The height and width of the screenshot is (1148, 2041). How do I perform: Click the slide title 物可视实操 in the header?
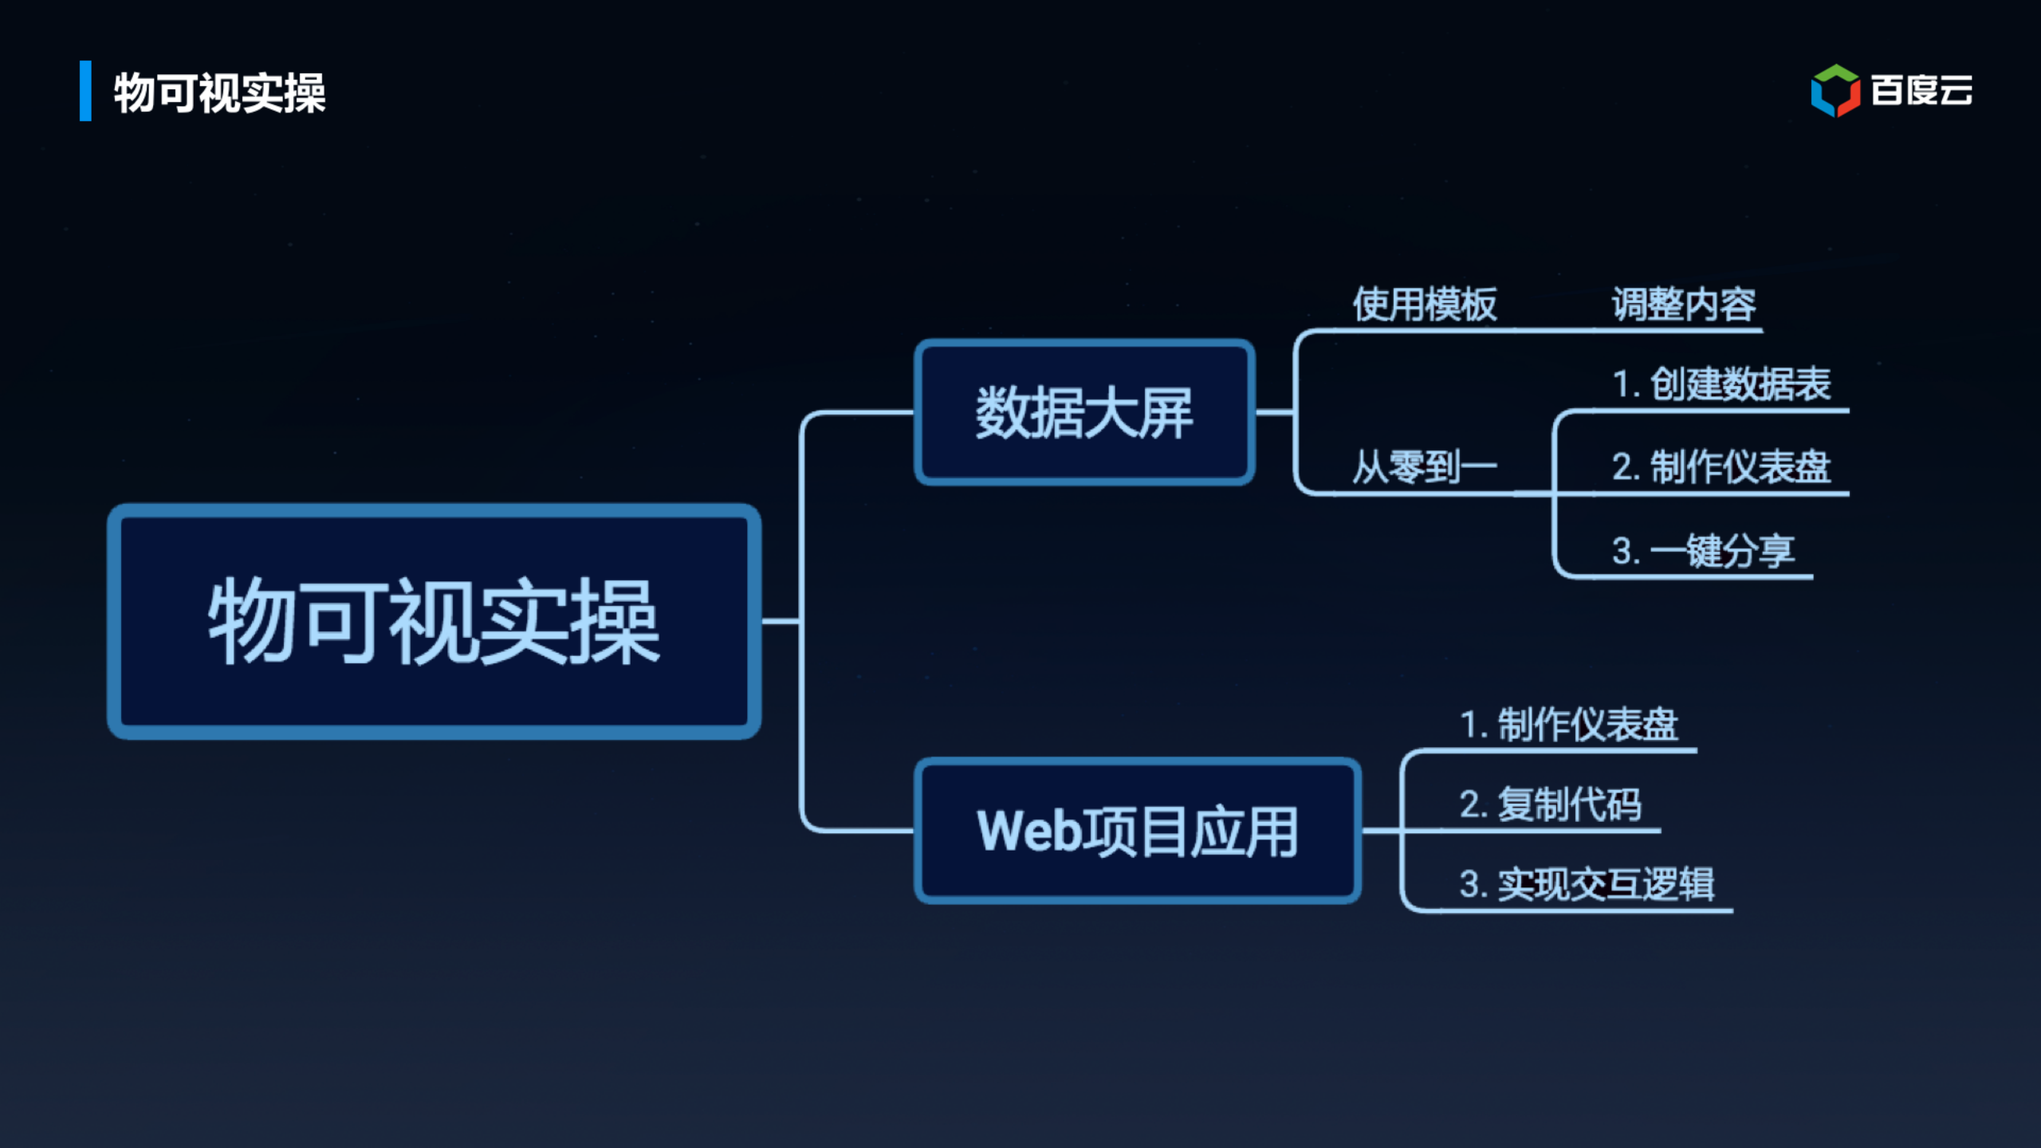click(x=219, y=92)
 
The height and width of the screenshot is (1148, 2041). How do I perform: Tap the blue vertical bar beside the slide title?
click(x=85, y=91)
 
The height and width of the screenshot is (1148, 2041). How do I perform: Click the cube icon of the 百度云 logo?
click(x=1835, y=90)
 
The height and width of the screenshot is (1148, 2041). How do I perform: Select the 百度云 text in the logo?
click(x=1921, y=90)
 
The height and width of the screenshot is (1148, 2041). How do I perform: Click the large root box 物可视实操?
click(x=434, y=621)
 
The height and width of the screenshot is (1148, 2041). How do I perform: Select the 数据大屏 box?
click(x=1084, y=412)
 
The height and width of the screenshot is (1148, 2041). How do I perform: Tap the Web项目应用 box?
click(x=1138, y=831)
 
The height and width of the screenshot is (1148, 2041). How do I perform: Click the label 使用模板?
click(x=1425, y=305)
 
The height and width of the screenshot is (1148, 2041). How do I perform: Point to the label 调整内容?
click(x=1684, y=305)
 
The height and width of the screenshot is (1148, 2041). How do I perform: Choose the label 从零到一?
click(x=1425, y=467)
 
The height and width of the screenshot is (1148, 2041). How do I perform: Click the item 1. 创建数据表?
click(x=1721, y=384)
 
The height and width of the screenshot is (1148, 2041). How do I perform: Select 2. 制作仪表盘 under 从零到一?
click(x=1721, y=467)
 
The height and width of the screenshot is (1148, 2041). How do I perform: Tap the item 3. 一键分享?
click(x=1703, y=551)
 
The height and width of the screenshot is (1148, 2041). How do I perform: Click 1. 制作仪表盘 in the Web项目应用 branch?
click(x=1568, y=725)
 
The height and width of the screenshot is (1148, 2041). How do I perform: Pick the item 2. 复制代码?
click(x=1550, y=804)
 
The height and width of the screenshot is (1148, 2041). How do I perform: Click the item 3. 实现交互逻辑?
click(x=1587, y=884)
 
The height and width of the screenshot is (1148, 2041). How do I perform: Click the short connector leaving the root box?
click(x=781, y=621)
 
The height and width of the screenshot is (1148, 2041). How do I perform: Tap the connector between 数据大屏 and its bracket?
click(x=1274, y=412)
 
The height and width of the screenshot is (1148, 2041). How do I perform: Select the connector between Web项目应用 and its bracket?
click(x=1381, y=831)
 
